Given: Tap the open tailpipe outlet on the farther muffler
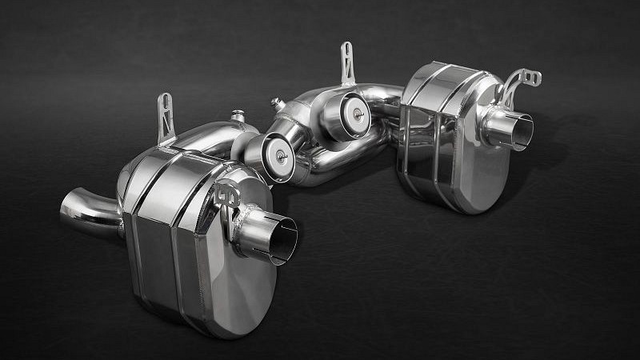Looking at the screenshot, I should [x=521, y=131].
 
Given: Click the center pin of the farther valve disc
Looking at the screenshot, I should [x=352, y=113].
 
